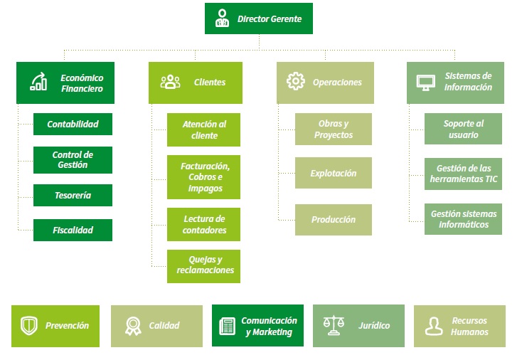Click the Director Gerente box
(x=259, y=18)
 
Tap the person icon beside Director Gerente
(x=222, y=18)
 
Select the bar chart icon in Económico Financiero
(x=38, y=82)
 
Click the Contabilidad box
(x=73, y=125)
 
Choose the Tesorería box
(x=73, y=195)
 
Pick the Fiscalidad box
(x=73, y=230)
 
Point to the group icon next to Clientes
(x=170, y=82)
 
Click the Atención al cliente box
(x=203, y=130)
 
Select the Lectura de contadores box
(x=203, y=224)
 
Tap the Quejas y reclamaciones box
(x=203, y=266)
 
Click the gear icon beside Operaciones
(x=296, y=81)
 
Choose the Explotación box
(x=334, y=173)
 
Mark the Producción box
(x=334, y=220)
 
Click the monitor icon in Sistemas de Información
(x=426, y=83)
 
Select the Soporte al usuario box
(x=464, y=129)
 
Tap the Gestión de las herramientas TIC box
(x=464, y=174)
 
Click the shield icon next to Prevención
(x=29, y=325)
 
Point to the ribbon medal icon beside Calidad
(x=133, y=326)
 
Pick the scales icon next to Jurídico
(x=334, y=325)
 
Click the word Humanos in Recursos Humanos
(x=470, y=332)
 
